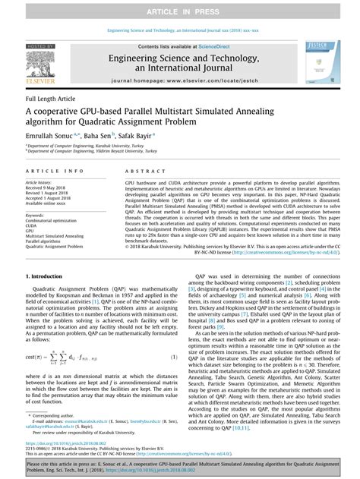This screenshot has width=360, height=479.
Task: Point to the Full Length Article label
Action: pos(49,99)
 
